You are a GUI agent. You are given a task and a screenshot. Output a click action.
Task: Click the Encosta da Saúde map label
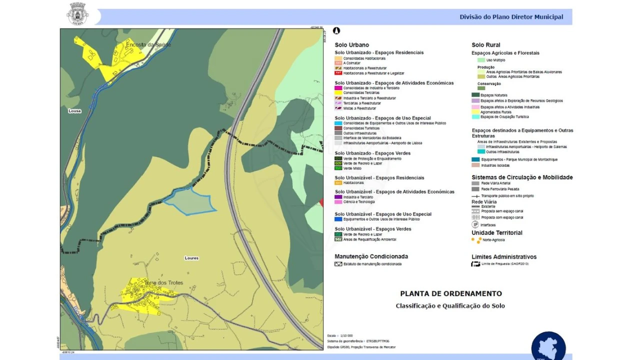pyautogui.click(x=148, y=45)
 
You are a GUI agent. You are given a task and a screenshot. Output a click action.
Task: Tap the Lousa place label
pyautogui.click(x=74, y=111)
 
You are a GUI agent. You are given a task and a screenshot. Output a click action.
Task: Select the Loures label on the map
pyautogui.click(x=191, y=258)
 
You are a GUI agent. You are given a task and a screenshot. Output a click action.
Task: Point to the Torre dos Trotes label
pyautogui.click(x=163, y=283)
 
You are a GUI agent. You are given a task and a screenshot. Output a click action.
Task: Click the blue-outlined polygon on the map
pyautogui.click(x=190, y=201)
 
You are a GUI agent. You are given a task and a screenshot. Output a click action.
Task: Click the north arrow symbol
pyautogui.click(x=336, y=31)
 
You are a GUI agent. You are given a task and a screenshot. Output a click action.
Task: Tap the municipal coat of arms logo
pyautogui.click(x=77, y=13)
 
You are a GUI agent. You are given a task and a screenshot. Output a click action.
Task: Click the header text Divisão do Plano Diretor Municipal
pyautogui.click(x=511, y=17)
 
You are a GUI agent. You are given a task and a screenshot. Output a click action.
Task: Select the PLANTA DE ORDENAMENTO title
pyautogui.click(x=450, y=293)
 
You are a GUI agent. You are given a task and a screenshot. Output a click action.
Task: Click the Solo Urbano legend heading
pyautogui.click(x=351, y=45)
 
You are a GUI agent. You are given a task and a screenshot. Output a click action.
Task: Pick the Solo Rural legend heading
pyautogui.click(x=485, y=45)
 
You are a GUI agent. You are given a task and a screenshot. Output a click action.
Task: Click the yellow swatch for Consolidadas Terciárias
pyautogui.click(x=338, y=93)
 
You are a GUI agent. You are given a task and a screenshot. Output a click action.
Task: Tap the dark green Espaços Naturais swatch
pyautogui.click(x=475, y=95)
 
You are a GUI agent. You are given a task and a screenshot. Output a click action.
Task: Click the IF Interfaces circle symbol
pyautogui.click(x=475, y=225)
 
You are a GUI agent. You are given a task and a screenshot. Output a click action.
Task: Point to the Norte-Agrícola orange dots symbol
pyautogui.click(x=476, y=240)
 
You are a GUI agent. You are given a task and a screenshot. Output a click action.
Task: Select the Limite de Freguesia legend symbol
pyautogui.click(x=475, y=263)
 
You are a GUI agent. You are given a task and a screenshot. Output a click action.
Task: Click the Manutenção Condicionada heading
pyautogui.click(x=371, y=256)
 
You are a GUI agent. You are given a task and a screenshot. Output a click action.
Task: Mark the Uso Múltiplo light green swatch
pyautogui.click(x=475, y=60)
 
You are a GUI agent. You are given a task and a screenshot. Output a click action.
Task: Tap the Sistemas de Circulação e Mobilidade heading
pyautogui.click(x=522, y=177)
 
